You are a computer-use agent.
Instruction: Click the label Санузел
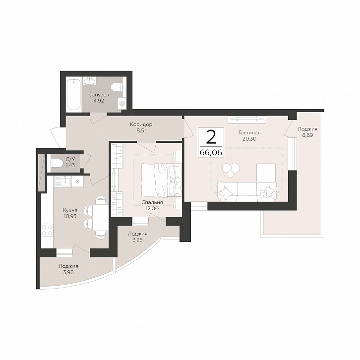(x=99, y=95)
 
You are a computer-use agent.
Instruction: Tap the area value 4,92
(x=99, y=101)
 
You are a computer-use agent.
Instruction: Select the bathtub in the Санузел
(x=73, y=94)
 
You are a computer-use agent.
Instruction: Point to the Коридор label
(x=141, y=124)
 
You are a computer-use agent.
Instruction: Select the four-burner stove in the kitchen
(x=47, y=230)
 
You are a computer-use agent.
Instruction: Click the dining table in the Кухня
(x=101, y=218)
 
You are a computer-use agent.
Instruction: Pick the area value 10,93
(x=70, y=216)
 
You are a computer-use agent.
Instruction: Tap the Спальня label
(x=152, y=202)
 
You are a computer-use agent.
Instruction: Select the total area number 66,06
(x=211, y=153)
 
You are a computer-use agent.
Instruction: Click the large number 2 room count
(x=211, y=136)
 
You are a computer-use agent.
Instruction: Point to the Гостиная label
(x=249, y=133)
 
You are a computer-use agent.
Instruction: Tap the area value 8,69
(x=307, y=135)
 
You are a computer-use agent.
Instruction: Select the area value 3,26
(x=137, y=240)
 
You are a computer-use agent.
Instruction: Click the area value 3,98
(x=68, y=272)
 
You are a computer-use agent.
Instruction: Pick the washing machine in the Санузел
(x=122, y=104)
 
